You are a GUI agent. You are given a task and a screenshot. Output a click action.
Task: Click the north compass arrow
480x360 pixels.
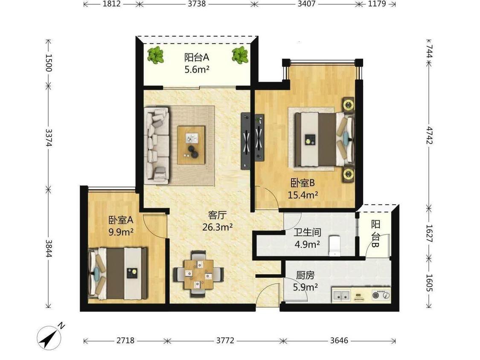tap(49, 338)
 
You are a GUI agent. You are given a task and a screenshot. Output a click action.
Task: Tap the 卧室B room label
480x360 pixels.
tap(303, 183)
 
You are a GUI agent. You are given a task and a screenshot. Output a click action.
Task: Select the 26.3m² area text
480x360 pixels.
tap(217, 227)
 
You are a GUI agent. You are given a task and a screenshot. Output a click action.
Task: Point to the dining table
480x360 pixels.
tap(199, 275)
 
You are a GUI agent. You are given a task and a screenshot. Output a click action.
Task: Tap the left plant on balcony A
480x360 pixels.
tap(156, 55)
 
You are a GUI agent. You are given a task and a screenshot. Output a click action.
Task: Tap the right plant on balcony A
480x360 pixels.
tap(240, 55)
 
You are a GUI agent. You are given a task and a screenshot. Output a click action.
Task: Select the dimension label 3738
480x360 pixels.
tap(197, 4)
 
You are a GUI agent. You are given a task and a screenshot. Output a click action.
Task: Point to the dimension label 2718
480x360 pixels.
tap(125, 340)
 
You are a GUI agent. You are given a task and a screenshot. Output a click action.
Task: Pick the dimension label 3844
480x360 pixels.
tap(48, 249)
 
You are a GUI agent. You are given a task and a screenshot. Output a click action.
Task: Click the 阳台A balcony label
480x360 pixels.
tap(197, 57)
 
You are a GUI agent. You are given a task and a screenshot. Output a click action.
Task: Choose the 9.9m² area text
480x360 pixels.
tap(121, 232)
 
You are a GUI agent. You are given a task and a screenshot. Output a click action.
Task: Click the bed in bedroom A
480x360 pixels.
tap(118, 273)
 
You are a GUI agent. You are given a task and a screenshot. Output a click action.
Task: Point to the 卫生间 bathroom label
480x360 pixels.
tap(307, 232)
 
